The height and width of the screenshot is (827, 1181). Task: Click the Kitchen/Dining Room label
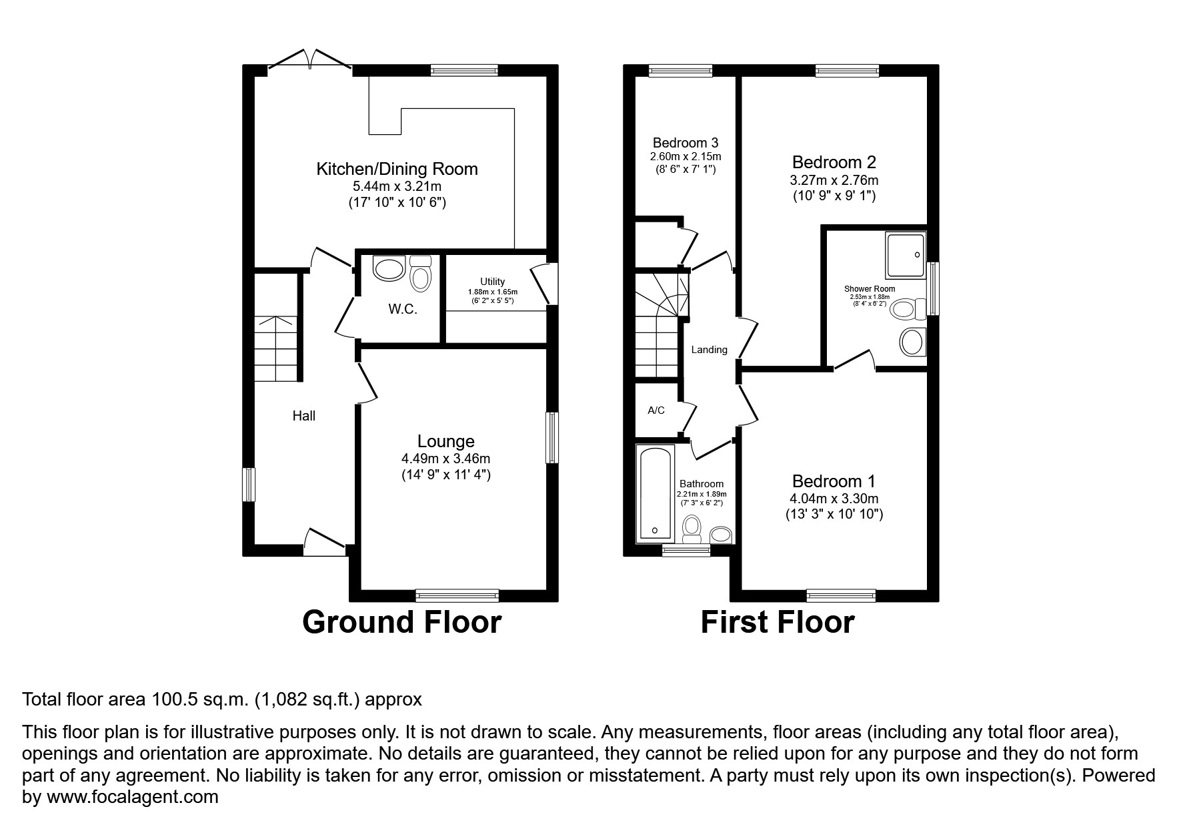(x=397, y=169)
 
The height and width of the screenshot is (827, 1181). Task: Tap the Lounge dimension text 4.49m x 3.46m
(x=445, y=459)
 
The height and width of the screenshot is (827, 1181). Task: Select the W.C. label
(x=403, y=309)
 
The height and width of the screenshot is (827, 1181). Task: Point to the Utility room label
(x=492, y=282)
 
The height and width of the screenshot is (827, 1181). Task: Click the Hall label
(x=303, y=416)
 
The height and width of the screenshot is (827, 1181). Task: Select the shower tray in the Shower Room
(x=905, y=255)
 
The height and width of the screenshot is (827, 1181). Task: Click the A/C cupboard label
(x=656, y=410)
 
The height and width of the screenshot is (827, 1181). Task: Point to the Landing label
(x=709, y=350)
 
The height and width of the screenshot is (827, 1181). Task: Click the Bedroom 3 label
(x=685, y=142)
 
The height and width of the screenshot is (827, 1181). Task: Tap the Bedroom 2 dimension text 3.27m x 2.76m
(x=834, y=180)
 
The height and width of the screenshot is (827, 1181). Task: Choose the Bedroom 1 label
(x=834, y=481)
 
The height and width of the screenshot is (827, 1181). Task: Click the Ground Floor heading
(x=401, y=622)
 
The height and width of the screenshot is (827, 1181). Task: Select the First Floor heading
(x=777, y=622)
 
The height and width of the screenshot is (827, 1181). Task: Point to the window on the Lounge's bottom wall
(x=457, y=595)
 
